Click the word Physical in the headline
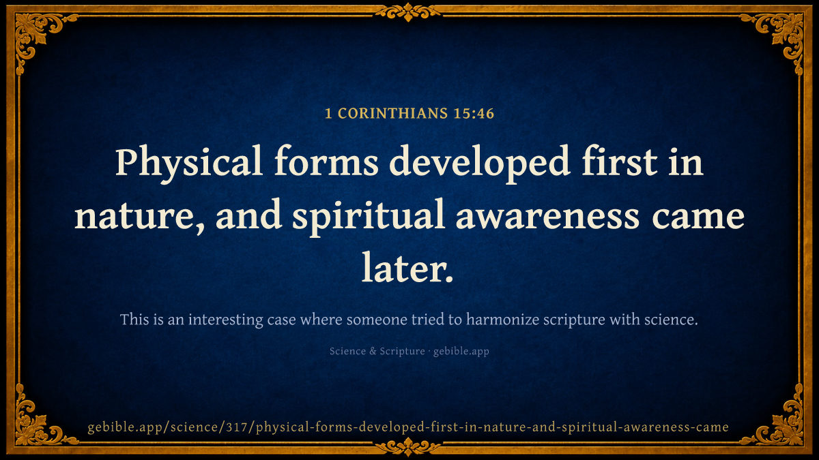tap(188, 163)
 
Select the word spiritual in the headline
tap(369, 216)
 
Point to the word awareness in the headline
tap(548, 218)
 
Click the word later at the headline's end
tap(407, 269)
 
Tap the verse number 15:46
tap(474, 113)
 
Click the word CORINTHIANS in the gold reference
tap(392, 113)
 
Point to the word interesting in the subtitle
tap(226, 320)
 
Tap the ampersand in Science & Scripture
tap(373, 351)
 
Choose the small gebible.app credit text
tap(461, 351)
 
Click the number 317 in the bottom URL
tap(237, 427)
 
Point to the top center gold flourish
tap(408, 12)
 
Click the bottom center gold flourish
tap(408, 447)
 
